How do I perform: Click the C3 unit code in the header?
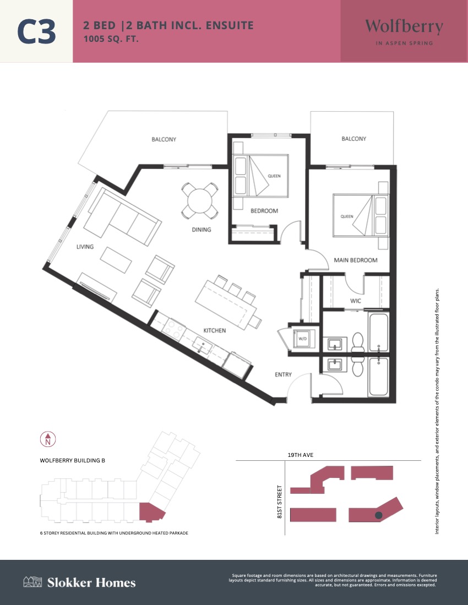37,31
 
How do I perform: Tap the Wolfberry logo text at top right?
404,26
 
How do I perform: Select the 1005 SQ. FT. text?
111,39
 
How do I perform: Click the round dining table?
200,200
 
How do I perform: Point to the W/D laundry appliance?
302,339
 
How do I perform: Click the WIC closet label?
355,301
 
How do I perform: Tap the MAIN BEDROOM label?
355,260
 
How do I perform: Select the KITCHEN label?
215,330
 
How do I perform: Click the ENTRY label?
283,374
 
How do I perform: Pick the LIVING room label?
85,247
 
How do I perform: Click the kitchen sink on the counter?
202,345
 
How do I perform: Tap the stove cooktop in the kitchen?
173,329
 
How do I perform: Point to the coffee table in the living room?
116,260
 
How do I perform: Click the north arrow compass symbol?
48,439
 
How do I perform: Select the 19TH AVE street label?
301,455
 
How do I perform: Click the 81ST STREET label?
280,502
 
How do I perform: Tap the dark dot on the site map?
378,515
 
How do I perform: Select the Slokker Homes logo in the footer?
79,582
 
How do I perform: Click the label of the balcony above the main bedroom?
354,139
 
